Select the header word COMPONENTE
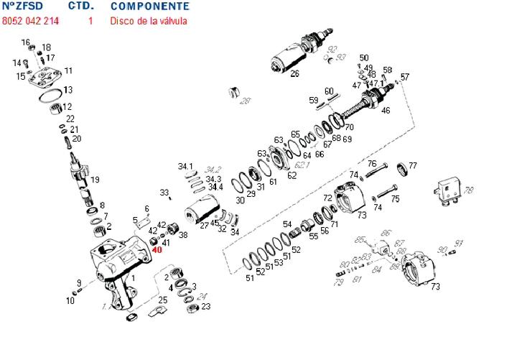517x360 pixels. tap(149, 6)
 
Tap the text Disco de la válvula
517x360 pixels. tap(148, 21)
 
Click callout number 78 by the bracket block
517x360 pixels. tap(469, 190)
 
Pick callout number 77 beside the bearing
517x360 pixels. tap(412, 166)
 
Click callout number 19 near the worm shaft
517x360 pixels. tap(95, 179)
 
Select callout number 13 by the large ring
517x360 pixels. tap(68, 91)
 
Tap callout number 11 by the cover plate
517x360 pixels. tap(68, 70)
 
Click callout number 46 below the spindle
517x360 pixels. tap(386, 111)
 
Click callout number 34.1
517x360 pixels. tap(186, 167)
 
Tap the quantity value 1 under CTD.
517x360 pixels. tap(90, 21)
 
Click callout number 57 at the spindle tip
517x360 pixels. tap(405, 77)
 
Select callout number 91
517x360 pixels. tap(460, 242)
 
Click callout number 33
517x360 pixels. tap(164, 193)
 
